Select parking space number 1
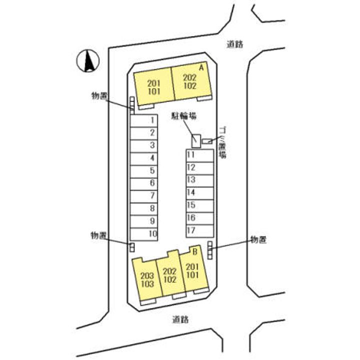pos(144,120)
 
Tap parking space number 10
pos(144,233)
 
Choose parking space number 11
pos(199,155)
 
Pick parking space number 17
pos(199,230)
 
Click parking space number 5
pos(144,170)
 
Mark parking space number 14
pos(199,192)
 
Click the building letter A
pos(201,66)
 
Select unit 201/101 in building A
pos(153,87)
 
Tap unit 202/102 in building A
pos(189,81)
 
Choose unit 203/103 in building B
pos(147,279)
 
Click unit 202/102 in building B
pos(170,275)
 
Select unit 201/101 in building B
pos(192,270)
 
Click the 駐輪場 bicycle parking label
pos(183,116)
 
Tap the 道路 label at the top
pos(234,44)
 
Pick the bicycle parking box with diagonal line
pos(196,141)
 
